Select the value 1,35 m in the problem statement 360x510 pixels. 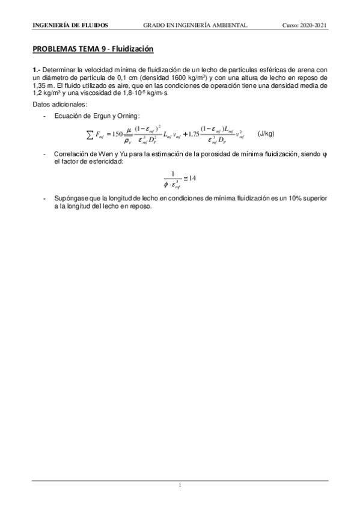(x=41, y=86)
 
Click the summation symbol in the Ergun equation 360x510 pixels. (x=90, y=133)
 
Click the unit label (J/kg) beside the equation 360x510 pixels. (x=266, y=132)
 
